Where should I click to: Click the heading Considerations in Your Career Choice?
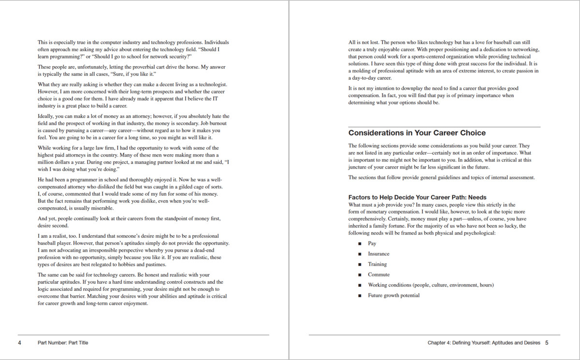tap(417, 133)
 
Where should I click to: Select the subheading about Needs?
tap(417, 197)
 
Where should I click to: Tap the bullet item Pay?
tap(372, 244)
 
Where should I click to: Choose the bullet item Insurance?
tap(378, 254)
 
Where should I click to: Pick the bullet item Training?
tap(377, 264)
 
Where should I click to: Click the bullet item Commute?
tap(378, 274)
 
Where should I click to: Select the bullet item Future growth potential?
tap(393, 295)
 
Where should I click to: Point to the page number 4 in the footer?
tap(20, 343)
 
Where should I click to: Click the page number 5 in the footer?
tap(547, 343)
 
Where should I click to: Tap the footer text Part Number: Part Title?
tap(63, 343)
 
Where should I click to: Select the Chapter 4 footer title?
tap(483, 343)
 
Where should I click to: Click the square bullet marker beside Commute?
tap(360, 275)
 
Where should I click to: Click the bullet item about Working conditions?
tap(431, 285)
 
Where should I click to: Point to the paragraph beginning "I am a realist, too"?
tap(133, 250)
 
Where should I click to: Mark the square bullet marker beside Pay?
tap(360, 244)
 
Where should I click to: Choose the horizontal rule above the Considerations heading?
tap(444, 127)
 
